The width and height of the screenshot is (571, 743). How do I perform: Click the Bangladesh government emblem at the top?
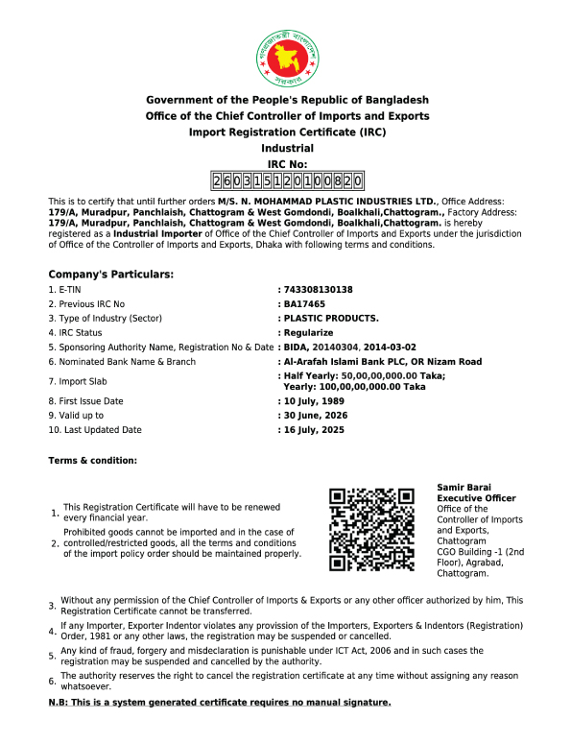(287, 58)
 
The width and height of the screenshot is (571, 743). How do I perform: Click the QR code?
(372, 529)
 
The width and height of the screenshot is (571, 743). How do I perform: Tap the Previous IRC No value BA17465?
(304, 304)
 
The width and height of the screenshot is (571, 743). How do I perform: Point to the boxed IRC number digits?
(287, 181)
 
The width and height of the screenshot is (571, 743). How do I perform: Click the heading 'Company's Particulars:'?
(111, 275)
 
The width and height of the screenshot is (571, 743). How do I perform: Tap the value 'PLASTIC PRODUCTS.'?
(330, 319)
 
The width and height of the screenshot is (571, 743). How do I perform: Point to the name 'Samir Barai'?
(464, 489)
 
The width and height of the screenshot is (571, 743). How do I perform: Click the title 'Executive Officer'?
(476, 499)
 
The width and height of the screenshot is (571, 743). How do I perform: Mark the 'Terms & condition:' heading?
(93, 462)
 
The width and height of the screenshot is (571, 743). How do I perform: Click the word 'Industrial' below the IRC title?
(287, 149)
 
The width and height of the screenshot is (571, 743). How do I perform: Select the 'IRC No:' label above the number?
(287, 165)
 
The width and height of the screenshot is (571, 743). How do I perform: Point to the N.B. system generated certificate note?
(220, 704)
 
